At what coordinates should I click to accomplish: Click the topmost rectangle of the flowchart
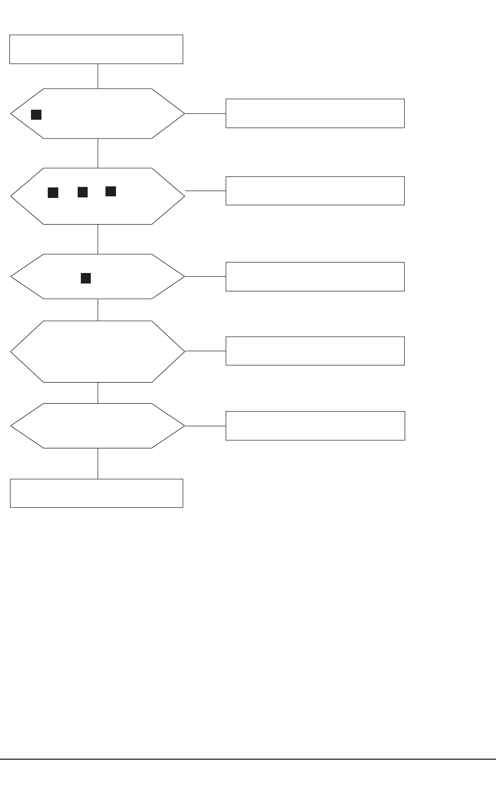point(96,49)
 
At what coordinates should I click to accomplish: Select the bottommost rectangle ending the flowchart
point(96,493)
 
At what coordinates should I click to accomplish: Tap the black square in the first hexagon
point(36,114)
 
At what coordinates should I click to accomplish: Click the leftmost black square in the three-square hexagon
point(53,193)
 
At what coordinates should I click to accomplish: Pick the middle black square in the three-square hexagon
point(82,192)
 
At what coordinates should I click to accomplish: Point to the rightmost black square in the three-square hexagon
point(111,191)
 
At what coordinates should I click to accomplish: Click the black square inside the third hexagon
point(86,278)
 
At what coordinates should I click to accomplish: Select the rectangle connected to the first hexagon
point(315,113)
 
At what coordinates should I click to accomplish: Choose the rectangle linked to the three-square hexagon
point(315,191)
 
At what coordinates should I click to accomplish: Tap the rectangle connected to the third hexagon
point(315,276)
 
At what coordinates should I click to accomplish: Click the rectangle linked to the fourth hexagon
point(315,351)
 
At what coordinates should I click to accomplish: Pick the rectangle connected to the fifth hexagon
point(315,425)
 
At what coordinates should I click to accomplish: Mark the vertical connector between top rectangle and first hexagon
point(98,76)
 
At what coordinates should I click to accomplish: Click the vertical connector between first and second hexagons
point(98,153)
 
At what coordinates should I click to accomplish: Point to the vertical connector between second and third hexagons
point(98,239)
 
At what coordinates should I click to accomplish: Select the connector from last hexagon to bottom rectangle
point(98,463)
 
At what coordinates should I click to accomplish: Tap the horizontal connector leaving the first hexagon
point(205,113)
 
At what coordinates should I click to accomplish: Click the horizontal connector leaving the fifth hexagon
point(205,426)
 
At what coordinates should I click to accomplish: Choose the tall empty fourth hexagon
point(98,351)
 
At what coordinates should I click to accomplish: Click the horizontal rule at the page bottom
point(248,759)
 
